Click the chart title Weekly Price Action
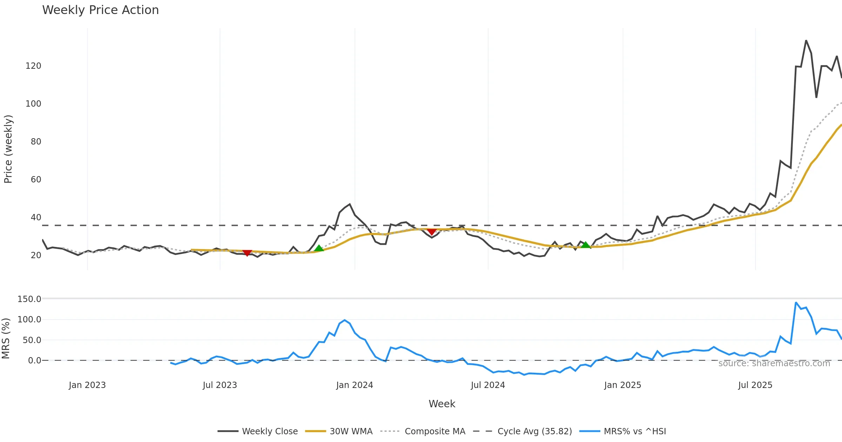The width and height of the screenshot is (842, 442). pos(100,10)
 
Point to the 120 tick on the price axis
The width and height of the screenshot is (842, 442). pos(33,66)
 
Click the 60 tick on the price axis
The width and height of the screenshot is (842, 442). pos(36,180)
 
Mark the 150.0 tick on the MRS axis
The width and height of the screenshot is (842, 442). pos(29,299)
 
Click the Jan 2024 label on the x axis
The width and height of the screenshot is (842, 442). pos(354,385)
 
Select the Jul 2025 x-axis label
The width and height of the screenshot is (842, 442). pos(755,385)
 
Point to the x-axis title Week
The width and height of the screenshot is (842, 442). pos(442,404)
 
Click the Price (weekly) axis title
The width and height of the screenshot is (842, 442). pos(8,149)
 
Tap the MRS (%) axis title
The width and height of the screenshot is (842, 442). pos(6,339)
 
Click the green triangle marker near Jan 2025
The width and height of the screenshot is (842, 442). pos(586,245)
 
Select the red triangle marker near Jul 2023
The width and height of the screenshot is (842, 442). pos(247,253)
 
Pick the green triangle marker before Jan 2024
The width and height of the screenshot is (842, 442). pos(319,248)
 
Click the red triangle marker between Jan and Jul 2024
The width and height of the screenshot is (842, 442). pos(432,232)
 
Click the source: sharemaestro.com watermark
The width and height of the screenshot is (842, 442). pos(774,363)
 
